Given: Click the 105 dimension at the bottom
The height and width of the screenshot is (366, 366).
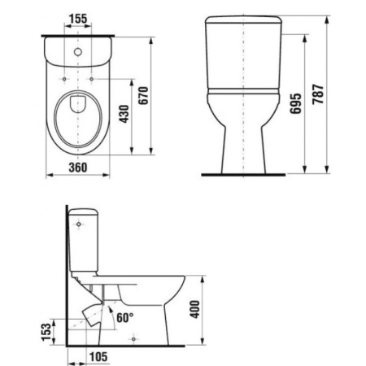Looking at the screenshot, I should [98, 355].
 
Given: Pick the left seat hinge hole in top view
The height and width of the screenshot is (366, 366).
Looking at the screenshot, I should [63, 79].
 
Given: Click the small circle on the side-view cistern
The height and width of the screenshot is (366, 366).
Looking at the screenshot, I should [78, 221].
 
